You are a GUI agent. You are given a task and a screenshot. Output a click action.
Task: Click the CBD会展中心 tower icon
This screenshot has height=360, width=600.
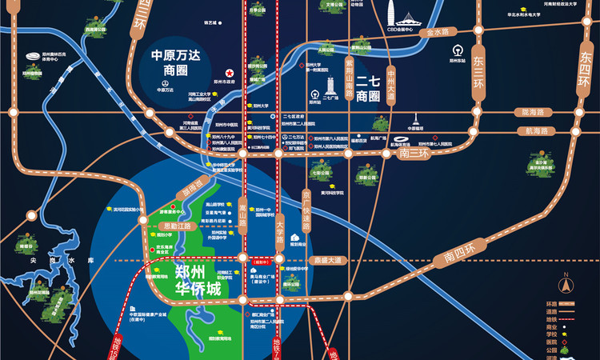[390, 14]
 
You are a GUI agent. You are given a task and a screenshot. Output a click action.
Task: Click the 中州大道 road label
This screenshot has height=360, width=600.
[390, 84]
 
